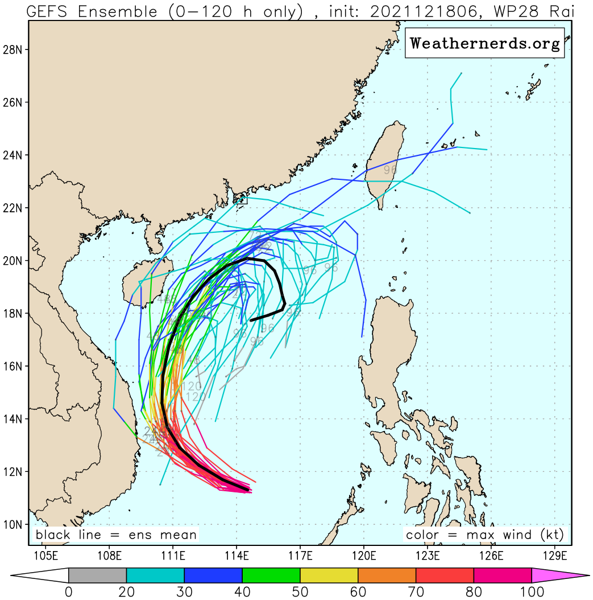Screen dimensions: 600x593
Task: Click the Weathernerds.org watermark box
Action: pos(484,43)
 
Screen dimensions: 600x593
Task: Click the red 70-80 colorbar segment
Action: pos(445,576)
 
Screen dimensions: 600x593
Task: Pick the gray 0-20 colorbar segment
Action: pos(97,576)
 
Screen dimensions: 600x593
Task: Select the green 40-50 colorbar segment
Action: pos(271,576)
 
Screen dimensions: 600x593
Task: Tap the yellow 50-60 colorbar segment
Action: pos(329,576)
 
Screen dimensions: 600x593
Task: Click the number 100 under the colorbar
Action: pos(531,593)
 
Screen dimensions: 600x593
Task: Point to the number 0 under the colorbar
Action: pos(69,593)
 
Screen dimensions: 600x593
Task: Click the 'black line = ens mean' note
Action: pos(116,535)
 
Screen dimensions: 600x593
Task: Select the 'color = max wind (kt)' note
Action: pos(484,535)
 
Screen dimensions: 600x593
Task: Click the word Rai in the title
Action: pos(559,11)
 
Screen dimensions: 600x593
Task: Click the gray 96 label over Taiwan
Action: pos(390,170)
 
